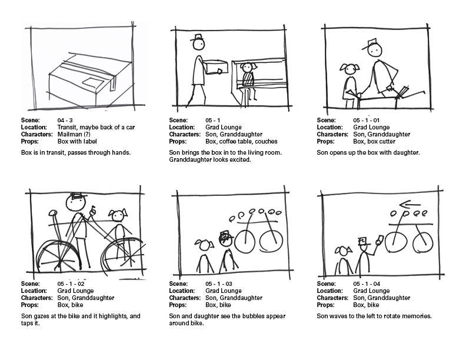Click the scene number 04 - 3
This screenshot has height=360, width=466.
click(65, 121)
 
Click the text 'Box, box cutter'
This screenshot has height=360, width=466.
click(374, 142)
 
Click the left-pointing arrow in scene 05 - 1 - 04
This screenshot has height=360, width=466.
click(405, 205)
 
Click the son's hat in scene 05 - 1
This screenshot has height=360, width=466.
click(197, 39)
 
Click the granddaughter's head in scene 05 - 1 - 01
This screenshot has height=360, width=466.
click(349, 69)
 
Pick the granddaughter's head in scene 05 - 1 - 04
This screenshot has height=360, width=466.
click(342, 252)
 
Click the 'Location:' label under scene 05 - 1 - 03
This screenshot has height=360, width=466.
click(182, 291)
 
